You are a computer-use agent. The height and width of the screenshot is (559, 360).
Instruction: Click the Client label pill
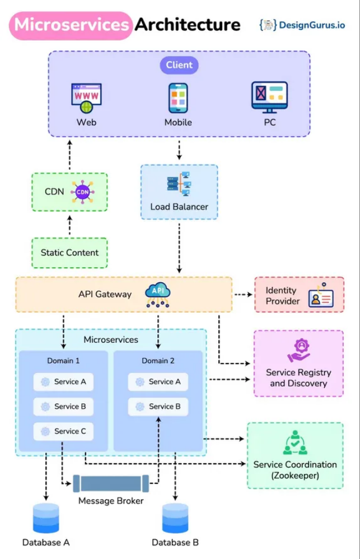[179, 65]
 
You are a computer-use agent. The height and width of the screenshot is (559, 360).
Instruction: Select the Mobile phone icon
[178, 98]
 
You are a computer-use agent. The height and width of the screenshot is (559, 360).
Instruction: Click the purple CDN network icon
[82, 192]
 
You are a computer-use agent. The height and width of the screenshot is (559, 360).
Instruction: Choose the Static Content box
[69, 253]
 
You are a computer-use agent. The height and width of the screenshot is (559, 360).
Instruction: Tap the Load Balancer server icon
[179, 184]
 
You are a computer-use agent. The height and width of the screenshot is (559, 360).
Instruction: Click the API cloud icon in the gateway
[157, 295]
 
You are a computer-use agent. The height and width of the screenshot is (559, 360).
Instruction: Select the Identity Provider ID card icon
[321, 295]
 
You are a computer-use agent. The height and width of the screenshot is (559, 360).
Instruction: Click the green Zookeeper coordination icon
[295, 442]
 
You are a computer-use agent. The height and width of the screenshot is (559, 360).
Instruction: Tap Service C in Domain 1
[63, 431]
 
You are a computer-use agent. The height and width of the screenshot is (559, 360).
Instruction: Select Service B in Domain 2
[158, 407]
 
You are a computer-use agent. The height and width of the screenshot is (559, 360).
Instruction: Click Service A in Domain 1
[63, 382]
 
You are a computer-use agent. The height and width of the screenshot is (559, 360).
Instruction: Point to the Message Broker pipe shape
[111, 483]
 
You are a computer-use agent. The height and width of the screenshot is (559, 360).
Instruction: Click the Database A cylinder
[46, 518]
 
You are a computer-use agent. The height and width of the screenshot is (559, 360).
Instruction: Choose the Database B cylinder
[175, 518]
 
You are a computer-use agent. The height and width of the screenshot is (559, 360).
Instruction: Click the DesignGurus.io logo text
[312, 25]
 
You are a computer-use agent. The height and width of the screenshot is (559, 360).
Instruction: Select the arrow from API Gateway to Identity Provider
[243, 295]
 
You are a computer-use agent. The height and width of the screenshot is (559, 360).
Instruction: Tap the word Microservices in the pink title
[71, 25]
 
